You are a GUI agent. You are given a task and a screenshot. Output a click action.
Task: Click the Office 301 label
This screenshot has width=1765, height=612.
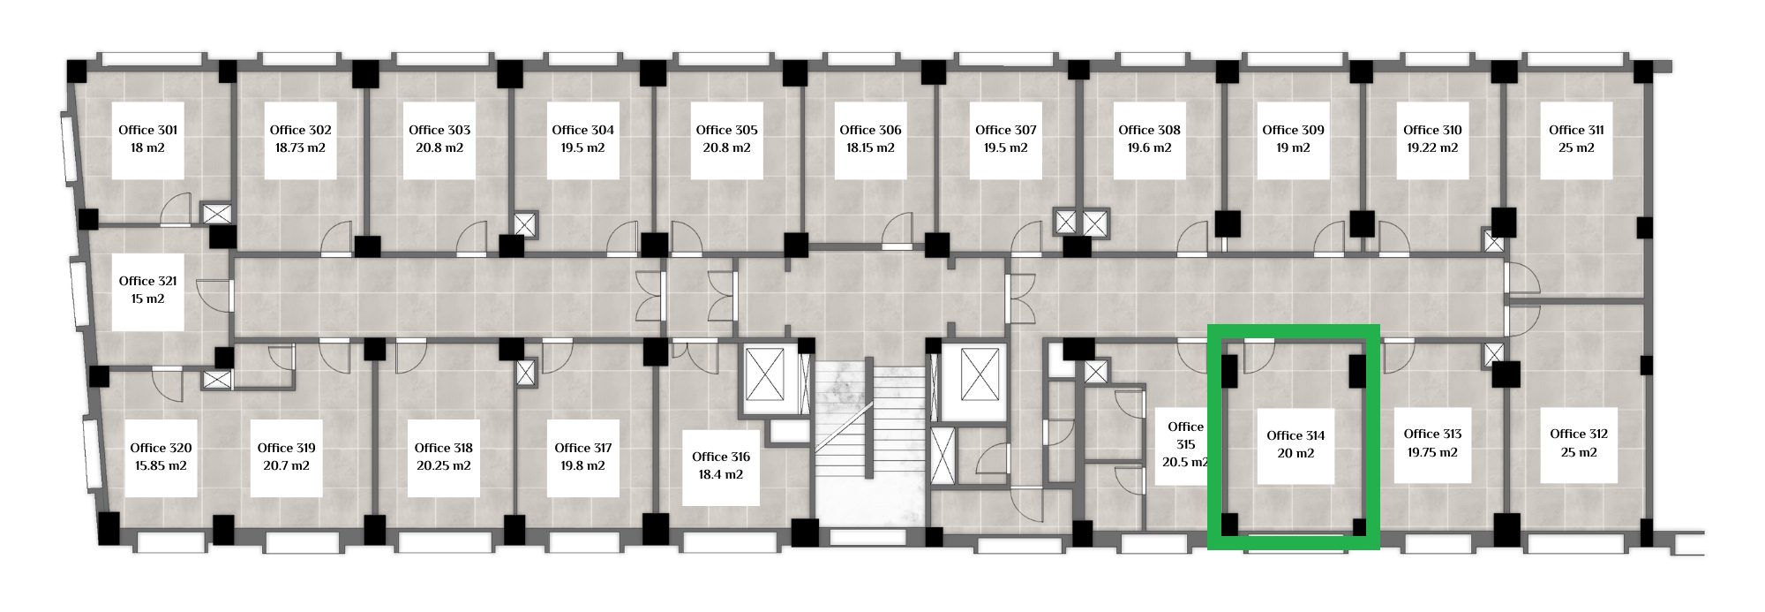(148, 130)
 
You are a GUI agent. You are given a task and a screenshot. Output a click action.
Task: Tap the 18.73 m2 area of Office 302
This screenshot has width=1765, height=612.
(300, 148)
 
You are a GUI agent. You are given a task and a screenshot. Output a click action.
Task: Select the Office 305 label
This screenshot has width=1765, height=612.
(726, 130)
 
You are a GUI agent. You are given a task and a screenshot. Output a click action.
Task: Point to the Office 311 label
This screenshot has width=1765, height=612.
(1576, 130)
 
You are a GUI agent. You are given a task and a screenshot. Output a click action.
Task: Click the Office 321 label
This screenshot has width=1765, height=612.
(148, 281)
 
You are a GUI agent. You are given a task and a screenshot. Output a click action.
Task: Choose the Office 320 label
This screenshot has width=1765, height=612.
(161, 448)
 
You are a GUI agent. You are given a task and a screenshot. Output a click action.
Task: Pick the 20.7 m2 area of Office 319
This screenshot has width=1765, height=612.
(287, 466)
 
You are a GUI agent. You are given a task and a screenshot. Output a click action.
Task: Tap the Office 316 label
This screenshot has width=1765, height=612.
(721, 457)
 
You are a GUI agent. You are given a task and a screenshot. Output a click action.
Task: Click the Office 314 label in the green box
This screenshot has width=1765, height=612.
(1296, 435)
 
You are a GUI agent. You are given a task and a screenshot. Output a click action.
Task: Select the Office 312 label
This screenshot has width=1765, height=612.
(1579, 434)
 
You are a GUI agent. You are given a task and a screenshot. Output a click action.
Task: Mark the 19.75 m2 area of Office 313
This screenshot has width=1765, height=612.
(1432, 452)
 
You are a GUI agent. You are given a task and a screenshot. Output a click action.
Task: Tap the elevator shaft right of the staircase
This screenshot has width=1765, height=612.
(980, 374)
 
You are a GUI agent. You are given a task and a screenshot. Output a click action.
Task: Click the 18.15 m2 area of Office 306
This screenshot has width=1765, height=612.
(870, 148)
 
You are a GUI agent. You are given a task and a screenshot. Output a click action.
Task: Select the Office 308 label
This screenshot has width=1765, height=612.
(1149, 130)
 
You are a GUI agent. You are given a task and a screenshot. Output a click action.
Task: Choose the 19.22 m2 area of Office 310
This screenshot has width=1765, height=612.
(1432, 148)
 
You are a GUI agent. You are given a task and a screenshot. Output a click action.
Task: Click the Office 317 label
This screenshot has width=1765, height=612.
(583, 448)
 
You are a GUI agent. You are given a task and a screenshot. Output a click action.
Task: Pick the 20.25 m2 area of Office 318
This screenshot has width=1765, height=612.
(443, 466)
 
